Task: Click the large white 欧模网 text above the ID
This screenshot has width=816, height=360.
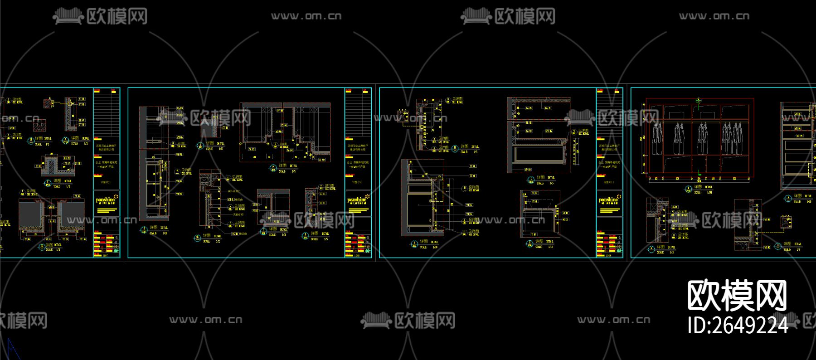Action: point(737,295)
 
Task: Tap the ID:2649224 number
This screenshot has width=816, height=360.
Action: point(738,325)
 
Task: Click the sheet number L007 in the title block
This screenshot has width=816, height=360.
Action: point(106,256)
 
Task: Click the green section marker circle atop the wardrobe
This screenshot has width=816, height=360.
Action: point(699,101)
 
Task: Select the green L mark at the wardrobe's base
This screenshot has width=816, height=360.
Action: point(699,173)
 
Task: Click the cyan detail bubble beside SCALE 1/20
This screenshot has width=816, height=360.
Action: point(688,189)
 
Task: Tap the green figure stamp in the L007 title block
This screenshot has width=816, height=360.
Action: point(117,250)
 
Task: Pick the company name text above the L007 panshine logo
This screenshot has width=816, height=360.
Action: point(106,147)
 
